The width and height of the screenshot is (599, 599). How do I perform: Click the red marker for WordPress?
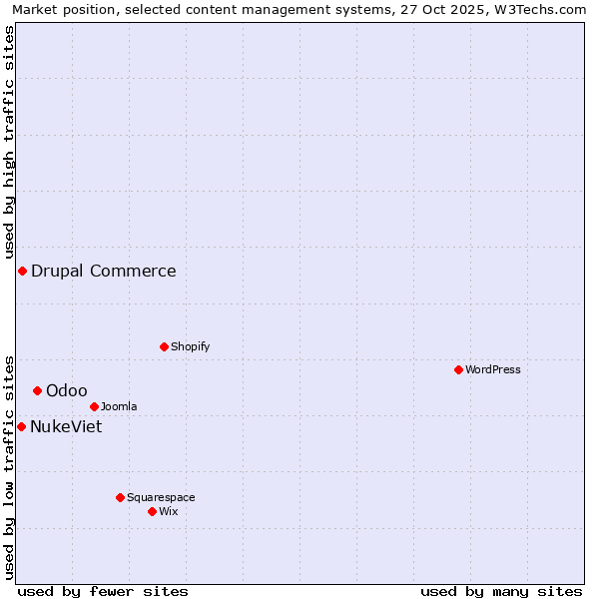tap(458, 369)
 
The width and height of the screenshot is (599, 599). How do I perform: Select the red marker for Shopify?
tap(164, 346)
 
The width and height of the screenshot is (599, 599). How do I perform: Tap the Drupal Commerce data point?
tap(22, 271)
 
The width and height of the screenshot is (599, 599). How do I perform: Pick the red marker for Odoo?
tap(37, 390)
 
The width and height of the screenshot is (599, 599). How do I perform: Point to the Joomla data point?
tap(94, 406)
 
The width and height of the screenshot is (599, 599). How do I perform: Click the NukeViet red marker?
tap(21, 426)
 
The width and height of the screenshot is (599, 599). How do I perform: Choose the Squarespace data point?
tap(120, 497)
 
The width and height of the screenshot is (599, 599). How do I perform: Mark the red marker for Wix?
tap(152, 511)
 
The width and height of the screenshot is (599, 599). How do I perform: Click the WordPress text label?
tap(493, 369)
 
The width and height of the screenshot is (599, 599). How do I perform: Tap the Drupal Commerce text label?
tap(104, 271)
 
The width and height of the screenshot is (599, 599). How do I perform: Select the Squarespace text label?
tap(161, 497)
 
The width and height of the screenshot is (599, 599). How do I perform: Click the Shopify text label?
tap(190, 346)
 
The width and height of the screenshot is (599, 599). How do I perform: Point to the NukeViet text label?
tap(66, 426)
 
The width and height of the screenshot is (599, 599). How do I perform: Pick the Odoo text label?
tap(67, 390)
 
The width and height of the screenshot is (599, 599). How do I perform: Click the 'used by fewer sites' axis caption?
tap(103, 591)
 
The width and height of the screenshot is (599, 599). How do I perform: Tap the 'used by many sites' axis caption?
tap(501, 591)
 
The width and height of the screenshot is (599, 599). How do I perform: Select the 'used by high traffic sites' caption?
tap(10, 142)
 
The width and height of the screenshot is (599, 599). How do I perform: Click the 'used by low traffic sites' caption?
tap(10, 466)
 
